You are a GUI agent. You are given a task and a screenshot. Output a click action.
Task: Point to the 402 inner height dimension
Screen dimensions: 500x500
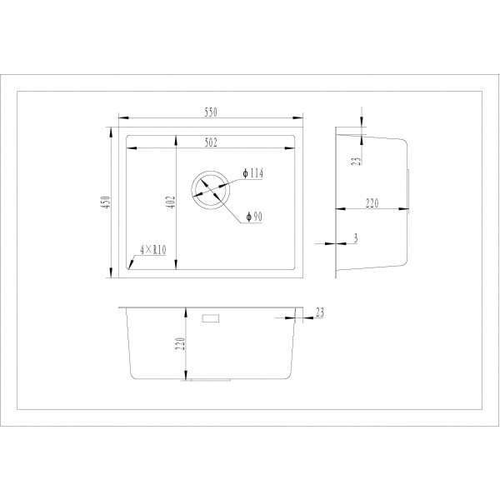pos(171,202)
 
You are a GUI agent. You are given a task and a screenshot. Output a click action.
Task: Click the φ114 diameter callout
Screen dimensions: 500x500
pos(253,174)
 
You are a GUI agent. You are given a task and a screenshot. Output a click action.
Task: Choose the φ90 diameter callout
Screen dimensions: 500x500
pos(253,217)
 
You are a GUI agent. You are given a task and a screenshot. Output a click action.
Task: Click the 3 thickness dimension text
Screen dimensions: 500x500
pos(356,239)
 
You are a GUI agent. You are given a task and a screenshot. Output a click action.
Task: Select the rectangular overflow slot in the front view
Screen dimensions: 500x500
pos(210,317)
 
